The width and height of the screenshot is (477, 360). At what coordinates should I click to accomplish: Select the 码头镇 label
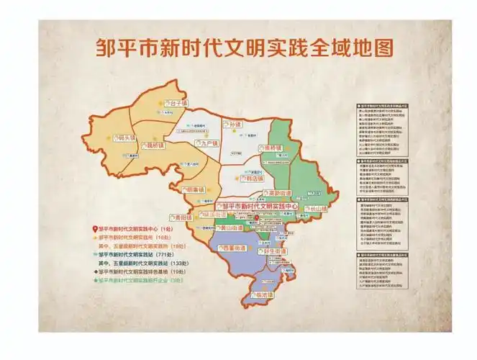(126, 138)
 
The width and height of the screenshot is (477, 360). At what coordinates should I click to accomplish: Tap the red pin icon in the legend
(95, 228)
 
